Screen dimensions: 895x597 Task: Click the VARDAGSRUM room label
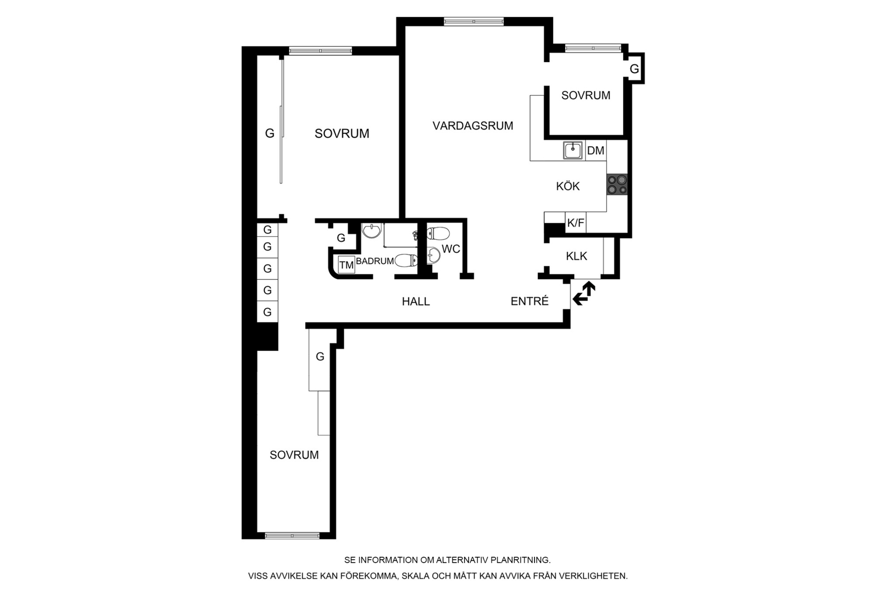tap(473, 126)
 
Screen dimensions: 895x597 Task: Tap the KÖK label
tap(568, 186)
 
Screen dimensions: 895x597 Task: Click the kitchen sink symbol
tap(573, 151)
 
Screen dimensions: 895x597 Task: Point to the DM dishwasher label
tap(596, 151)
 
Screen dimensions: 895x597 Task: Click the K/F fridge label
tap(576, 223)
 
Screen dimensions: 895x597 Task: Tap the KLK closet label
tap(576, 256)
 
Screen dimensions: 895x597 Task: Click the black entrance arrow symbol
tap(584, 293)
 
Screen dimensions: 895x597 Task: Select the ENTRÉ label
tap(530, 301)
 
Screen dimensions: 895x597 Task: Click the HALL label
tap(416, 301)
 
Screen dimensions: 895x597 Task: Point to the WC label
tap(451, 249)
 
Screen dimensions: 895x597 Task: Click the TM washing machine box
tap(347, 265)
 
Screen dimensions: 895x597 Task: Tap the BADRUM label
tap(375, 261)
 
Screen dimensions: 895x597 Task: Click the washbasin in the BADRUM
tap(371, 230)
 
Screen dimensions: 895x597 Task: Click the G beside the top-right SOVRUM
tap(634, 69)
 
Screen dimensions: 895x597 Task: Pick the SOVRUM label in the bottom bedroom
tap(294, 455)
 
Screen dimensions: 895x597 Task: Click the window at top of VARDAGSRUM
tap(474, 21)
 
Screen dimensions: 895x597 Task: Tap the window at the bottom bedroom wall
tap(292, 535)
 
